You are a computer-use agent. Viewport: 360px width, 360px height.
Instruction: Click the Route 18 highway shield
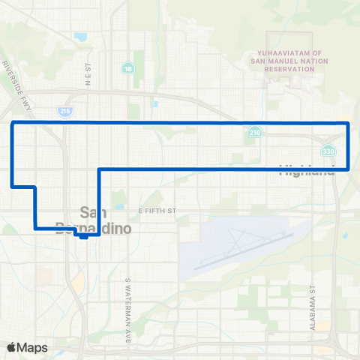pos(129,68)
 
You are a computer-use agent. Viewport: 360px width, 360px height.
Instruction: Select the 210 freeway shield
pos(256,132)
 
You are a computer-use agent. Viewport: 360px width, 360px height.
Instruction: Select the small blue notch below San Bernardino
pos(83,235)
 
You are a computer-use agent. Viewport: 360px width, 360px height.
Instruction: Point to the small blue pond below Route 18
pos(154,103)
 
